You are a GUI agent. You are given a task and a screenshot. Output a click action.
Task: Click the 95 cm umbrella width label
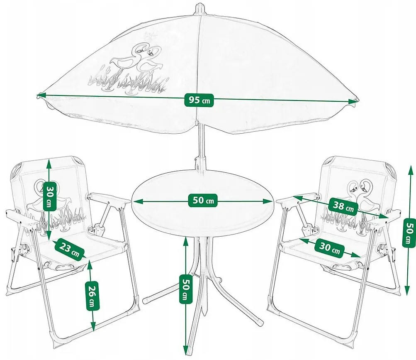tap(199, 100)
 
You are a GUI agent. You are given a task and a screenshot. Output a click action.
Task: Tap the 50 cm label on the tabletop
tap(203, 200)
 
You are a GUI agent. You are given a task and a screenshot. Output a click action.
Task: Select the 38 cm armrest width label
tap(343, 206)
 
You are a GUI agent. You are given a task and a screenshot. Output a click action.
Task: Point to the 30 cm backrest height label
tap(50, 196)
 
